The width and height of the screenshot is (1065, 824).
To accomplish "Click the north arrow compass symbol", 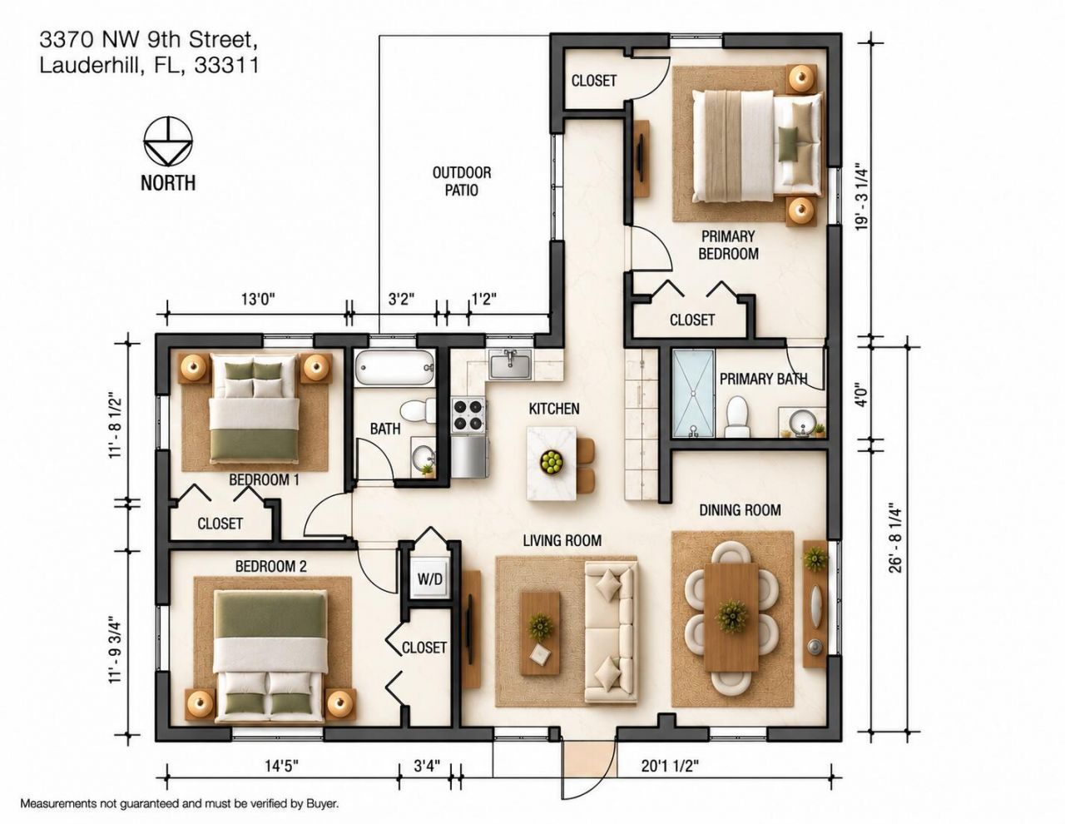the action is point(168,141).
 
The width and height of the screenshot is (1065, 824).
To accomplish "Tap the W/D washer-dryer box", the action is point(430,578).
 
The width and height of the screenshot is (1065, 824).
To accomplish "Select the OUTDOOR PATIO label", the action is point(462,181).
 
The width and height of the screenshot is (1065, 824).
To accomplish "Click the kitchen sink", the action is point(510,365).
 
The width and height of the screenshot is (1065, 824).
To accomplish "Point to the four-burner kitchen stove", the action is point(468,415).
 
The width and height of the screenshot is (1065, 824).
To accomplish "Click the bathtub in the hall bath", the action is point(394,368).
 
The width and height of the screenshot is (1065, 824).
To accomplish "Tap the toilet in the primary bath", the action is point(736,417).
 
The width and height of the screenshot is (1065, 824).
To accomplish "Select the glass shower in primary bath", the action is point(693,393).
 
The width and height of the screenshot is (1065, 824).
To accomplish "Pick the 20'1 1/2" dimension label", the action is point(670,766).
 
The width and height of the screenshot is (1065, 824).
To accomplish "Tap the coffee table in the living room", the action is point(541,633).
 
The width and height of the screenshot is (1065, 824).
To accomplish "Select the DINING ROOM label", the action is point(740,510).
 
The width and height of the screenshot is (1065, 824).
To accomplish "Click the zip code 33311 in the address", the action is point(226,65).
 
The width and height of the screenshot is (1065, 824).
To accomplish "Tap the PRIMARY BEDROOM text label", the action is point(728,245).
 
